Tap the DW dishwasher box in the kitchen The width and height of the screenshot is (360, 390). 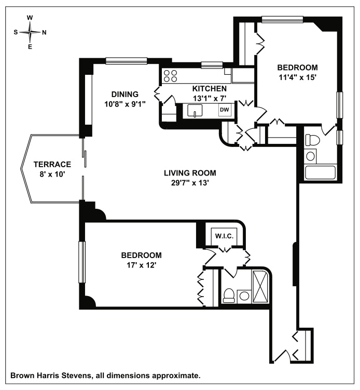tap(224, 110)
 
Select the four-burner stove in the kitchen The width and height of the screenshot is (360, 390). tap(170, 76)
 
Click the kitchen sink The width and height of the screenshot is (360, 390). tap(195, 111)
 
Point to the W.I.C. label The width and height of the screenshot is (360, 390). tap(226, 236)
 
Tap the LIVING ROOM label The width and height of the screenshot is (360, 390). tap(189, 173)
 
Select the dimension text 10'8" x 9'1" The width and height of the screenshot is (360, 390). tap(124, 103)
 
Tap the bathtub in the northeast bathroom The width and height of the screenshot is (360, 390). tap(321, 172)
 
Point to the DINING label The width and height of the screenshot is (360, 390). tap(124, 94)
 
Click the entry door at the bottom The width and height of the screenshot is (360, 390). tap(283, 356)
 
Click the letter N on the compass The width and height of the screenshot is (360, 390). tap(44, 32)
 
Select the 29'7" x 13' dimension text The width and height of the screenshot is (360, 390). tap(189, 182)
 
